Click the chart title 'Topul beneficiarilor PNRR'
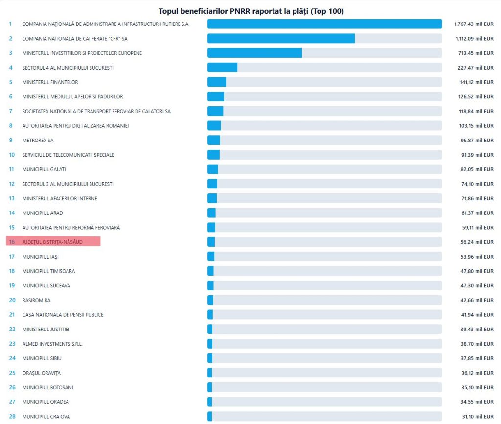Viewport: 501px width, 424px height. (x=251, y=11)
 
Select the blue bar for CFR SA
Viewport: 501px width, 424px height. (x=281, y=38)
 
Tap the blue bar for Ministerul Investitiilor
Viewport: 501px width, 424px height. (x=254, y=53)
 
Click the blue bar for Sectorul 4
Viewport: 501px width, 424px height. (x=222, y=68)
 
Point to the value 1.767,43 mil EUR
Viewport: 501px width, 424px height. (x=474, y=24)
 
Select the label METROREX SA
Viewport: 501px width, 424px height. (x=38, y=141)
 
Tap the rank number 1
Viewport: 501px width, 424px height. (x=10, y=24)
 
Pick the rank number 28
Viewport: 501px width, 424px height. (x=12, y=417)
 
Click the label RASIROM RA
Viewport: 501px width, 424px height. (x=36, y=300)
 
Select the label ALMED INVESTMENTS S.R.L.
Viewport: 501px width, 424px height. (x=52, y=344)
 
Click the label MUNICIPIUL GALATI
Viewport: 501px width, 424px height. (x=44, y=169)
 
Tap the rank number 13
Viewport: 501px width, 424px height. (x=12, y=198)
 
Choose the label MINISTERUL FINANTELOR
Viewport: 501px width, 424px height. (x=50, y=82)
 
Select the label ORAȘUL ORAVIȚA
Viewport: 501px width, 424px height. (x=42, y=373)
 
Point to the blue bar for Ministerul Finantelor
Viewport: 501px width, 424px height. (x=216, y=82)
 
